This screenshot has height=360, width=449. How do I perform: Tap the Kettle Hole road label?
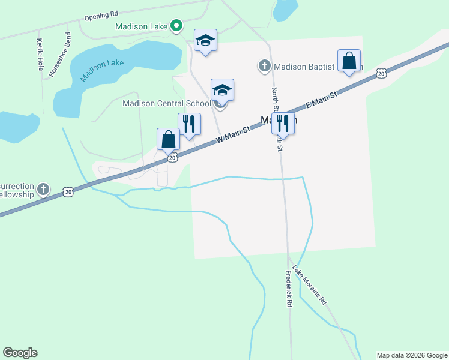coord(40,55)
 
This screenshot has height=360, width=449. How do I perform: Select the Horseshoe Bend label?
coord(60,54)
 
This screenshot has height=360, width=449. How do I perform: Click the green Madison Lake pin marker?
coord(176,26)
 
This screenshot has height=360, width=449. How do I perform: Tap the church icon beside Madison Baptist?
coord(264,66)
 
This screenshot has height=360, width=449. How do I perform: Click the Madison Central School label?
coord(166,103)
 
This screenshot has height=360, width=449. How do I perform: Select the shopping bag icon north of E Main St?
coord(349,61)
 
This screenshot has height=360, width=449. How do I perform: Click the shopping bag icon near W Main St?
coord(169,139)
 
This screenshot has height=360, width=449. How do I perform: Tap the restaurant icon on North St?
coord(283,124)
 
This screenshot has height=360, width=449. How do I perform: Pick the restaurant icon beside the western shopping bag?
coord(189,124)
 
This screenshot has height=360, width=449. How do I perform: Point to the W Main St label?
coord(233,135)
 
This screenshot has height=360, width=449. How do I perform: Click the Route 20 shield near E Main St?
coord(381,73)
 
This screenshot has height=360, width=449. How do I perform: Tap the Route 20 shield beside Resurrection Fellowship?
coord(68,191)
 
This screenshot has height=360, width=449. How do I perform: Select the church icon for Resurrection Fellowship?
coord(43,190)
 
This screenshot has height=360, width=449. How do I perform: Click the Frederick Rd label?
coord(289,289)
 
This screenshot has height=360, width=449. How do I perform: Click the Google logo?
coord(20,353)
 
